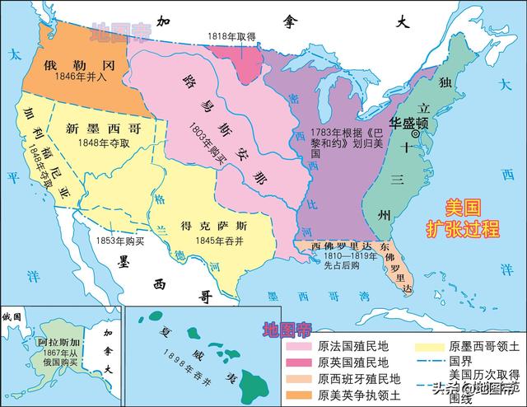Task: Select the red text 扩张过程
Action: (462, 228)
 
